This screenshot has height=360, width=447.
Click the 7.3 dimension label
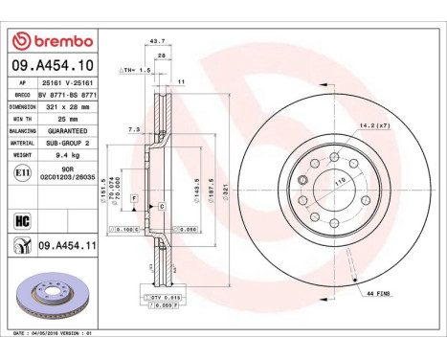tap(135, 128)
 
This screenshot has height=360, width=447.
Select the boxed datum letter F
tap(135, 197)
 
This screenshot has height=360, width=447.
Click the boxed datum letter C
tap(162, 206)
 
